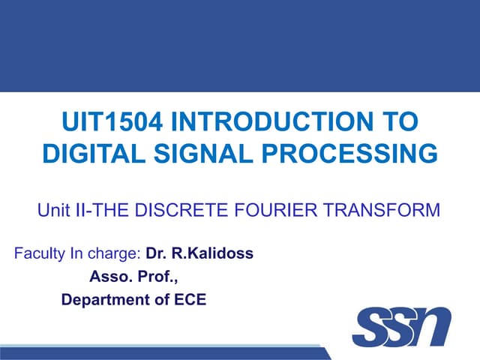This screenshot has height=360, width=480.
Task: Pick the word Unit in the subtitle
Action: [x=53, y=211]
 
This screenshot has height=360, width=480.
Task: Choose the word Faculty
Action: [x=40, y=253]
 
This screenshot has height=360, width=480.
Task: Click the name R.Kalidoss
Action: [x=214, y=253]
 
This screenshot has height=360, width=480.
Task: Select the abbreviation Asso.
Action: [x=109, y=277]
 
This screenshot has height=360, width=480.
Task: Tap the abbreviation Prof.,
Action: [x=157, y=277]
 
